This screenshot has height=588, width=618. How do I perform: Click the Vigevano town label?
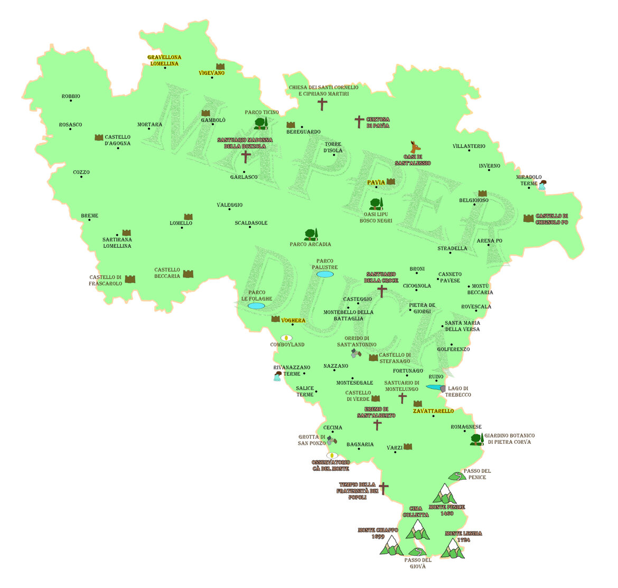click(211, 73)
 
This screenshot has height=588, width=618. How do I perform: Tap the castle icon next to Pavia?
click(391, 182)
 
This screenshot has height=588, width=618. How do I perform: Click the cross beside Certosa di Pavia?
click(359, 122)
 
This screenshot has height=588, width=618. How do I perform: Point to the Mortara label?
click(149, 125)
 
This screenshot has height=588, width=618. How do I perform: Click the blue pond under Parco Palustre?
click(325, 274)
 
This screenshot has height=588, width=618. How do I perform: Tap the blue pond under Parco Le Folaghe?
click(256, 306)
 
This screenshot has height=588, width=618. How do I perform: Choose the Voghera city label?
click(293, 321)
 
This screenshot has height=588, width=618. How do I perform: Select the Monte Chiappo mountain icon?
click(391, 546)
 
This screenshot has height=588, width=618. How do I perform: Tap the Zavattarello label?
click(433, 411)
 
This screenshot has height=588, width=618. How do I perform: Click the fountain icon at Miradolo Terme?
click(541, 185)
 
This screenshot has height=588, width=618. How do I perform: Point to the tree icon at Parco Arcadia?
click(311, 235)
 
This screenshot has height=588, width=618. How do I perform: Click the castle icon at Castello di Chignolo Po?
click(528, 218)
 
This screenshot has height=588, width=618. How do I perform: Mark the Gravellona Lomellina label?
click(164, 60)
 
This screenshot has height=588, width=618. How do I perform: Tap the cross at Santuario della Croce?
click(382, 291)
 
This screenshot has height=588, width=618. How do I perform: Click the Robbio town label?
click(71, 96)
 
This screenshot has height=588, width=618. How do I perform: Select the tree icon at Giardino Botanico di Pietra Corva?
click(477, 438)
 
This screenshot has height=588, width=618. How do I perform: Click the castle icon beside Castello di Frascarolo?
click(130, 279)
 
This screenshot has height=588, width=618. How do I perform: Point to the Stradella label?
click(452, 248)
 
